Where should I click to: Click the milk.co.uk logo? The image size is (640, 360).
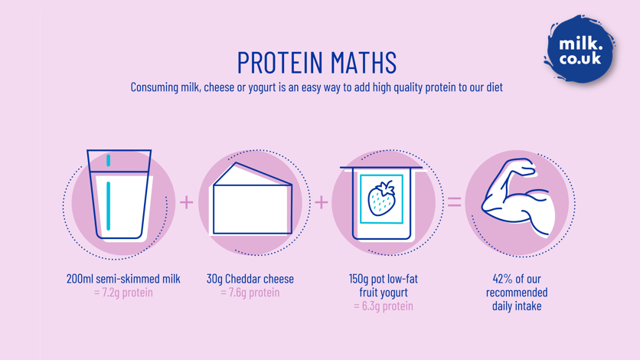580,51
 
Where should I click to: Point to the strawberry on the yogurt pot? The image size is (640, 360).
381,198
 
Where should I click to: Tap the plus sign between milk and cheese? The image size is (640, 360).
186,202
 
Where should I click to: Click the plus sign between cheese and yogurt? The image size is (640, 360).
322,202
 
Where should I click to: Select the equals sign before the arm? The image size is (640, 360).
454,202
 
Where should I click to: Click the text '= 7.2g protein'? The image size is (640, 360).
123,293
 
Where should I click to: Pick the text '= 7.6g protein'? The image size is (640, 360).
250,293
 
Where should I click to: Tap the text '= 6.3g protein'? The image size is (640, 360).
384,306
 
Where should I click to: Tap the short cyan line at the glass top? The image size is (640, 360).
109,160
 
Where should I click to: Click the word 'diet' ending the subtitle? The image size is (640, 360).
494,87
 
